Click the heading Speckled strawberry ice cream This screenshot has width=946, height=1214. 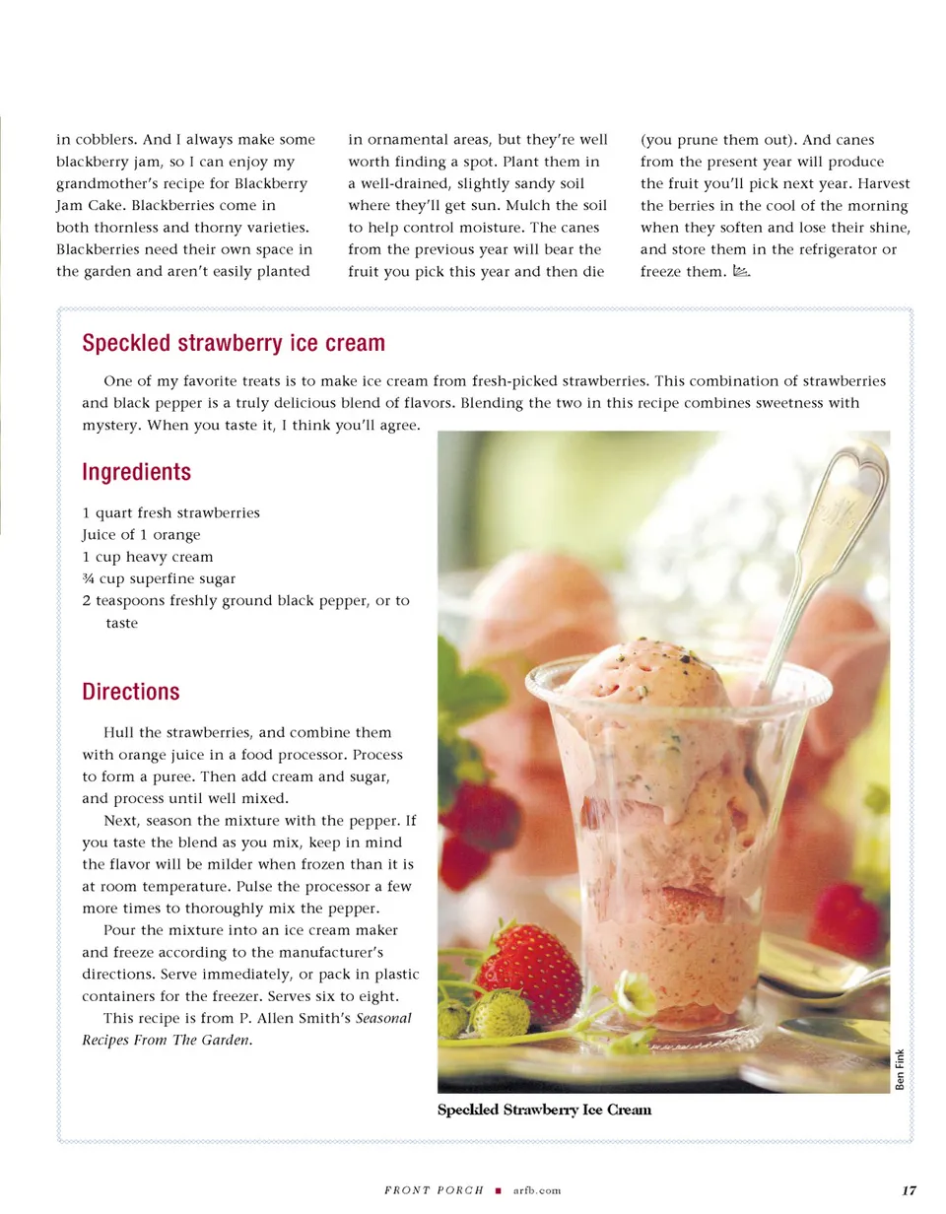234,344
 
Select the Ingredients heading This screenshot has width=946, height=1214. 137,472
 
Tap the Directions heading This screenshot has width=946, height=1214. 131,692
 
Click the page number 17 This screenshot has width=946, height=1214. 910,1190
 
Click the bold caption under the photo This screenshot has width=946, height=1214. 544,1111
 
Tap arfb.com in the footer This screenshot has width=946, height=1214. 537,1190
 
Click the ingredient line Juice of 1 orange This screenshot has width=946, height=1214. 141,534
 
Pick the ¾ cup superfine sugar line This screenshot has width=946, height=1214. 159,577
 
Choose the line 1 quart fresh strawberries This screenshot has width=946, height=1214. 170,512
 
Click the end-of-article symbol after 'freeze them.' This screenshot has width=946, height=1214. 741,271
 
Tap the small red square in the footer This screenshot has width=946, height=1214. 500,1190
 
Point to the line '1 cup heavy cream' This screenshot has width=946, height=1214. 147,556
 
